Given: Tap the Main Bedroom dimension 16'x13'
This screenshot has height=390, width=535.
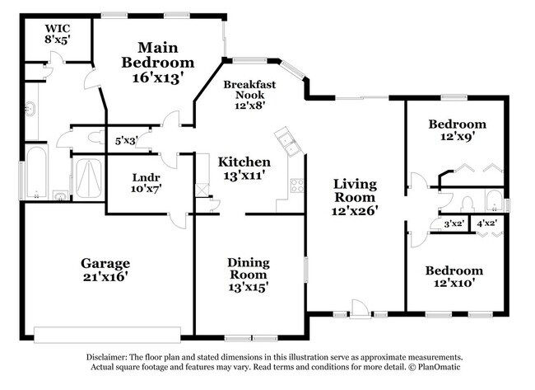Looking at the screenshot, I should click(x=157, y=78).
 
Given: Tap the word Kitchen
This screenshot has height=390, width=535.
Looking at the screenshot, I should click(x=244, y=162).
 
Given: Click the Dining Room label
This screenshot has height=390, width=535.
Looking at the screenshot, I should click(x=249, y=269).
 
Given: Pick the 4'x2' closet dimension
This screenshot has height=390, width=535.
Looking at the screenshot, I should click(x=486, y=223).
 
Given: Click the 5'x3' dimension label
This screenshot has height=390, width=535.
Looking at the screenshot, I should click(x=127, y=141).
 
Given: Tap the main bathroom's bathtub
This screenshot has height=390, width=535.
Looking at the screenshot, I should click(x=36, y=172).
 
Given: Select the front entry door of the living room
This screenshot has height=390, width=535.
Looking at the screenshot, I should click(x=358, y=309).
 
